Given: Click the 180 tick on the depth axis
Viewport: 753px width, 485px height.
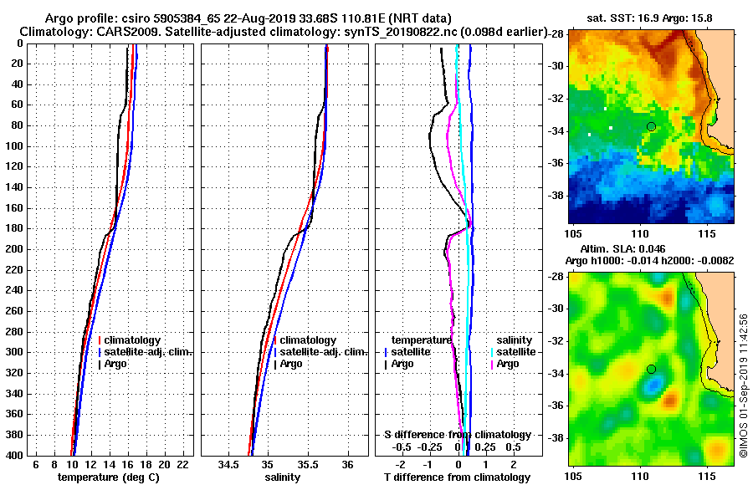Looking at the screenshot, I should [x=14, y=228].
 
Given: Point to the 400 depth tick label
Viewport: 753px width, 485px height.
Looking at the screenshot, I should [x=14, y=455].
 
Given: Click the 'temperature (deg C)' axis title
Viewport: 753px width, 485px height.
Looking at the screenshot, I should [x=108, y=477].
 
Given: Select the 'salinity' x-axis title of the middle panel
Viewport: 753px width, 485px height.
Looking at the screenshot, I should [x=283, y=477].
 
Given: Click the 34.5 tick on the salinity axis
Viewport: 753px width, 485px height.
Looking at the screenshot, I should [x=228, y=464].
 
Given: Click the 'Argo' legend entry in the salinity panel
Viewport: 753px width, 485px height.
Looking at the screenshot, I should [x=293, y=364].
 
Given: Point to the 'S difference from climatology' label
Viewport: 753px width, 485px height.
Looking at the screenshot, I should [x=457, y=435].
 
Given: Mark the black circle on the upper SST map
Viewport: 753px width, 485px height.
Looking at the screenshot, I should [x=651, y=126].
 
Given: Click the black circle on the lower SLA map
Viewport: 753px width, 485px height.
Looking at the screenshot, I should [x=651, y=369].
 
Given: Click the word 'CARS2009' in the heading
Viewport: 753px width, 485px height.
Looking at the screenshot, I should [x=112, y=31].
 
